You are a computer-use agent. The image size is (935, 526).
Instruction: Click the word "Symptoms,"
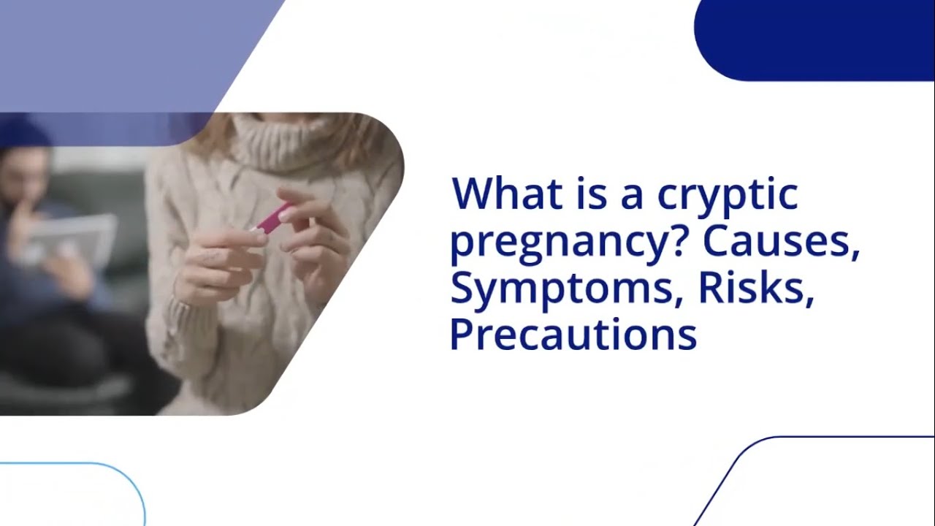click(x=568, y=290)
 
